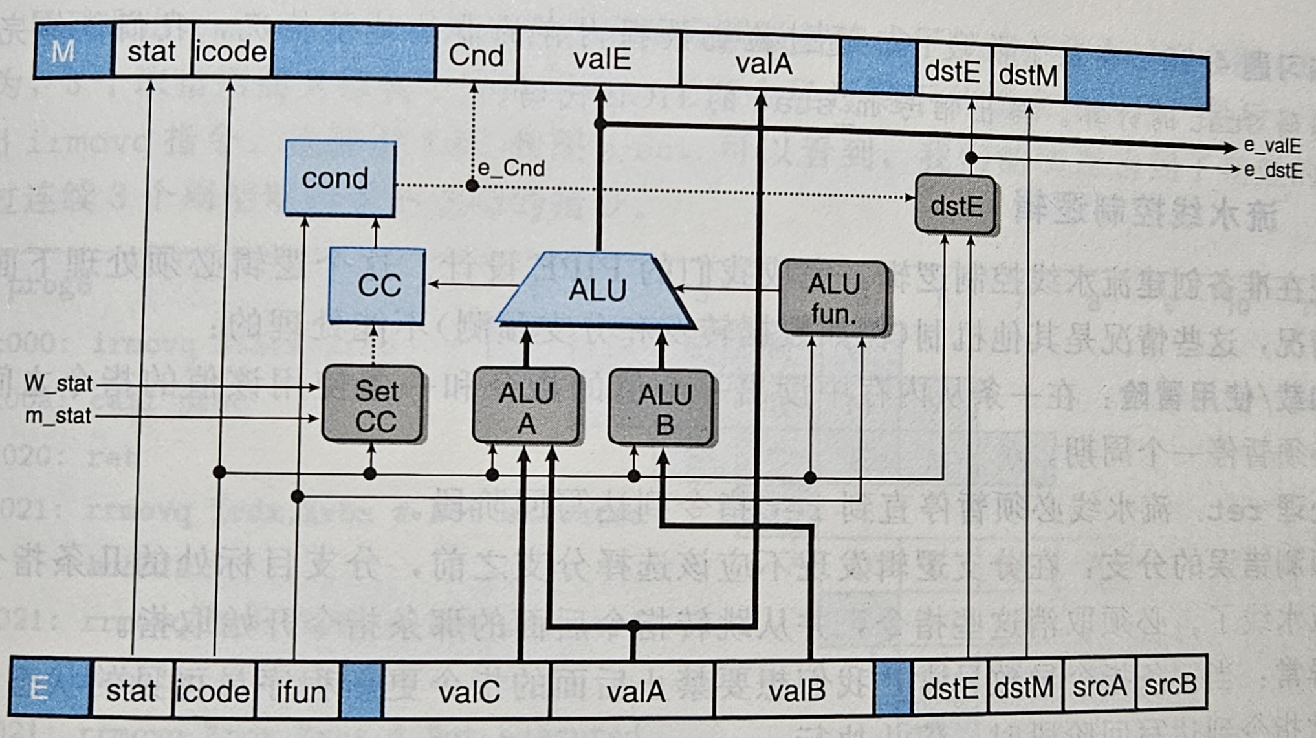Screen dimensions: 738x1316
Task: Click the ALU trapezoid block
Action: pos(597,289)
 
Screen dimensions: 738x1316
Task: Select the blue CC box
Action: pos(377,285)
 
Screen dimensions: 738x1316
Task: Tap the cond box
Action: pos(340,178)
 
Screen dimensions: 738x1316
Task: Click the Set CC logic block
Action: pos(373,405)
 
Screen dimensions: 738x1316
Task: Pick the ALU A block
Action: pos(526,407)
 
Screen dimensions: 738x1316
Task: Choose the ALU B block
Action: pos(662,408)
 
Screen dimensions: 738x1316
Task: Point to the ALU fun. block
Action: pos(833,298)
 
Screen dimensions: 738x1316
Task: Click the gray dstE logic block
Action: pos(955,205)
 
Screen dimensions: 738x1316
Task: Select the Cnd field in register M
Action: pos(477,56)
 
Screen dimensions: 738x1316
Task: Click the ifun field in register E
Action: pos(300,691)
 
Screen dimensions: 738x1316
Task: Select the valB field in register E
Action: pos(795,691)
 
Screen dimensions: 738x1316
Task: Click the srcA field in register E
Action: pos(1099,686)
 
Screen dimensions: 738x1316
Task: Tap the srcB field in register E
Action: pos(1170,684)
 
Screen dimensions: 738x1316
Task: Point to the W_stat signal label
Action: pos(58,383)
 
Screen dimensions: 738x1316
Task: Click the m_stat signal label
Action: pos(58,416)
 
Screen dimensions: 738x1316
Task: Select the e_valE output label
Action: pos(1272,146)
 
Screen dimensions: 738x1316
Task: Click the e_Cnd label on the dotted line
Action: pos(511,168)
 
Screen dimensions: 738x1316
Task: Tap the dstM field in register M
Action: pos(1027,74)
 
